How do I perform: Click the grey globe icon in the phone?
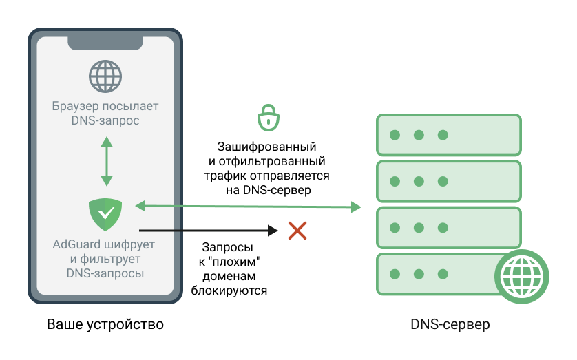105,76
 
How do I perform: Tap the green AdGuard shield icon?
105,214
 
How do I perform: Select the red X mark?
297,231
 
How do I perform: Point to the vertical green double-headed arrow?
105,161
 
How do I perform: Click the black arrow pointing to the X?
207,231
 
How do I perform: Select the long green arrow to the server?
248,206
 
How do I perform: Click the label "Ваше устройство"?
105,324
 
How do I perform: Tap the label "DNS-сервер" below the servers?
450,324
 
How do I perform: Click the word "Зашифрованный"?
266,147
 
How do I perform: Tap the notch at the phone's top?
105,42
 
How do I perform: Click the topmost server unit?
447,135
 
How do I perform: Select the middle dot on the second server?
419,180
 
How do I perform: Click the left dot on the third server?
395,227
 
